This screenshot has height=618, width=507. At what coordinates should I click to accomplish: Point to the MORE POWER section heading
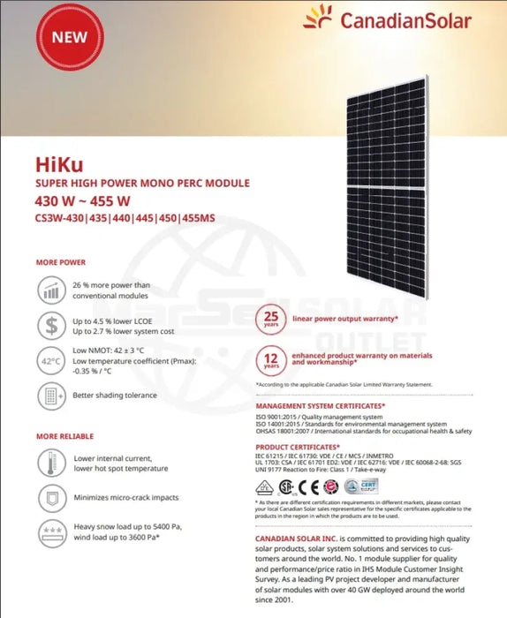pyautogui.click(x=61, y=262)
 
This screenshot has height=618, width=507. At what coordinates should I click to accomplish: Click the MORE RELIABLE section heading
pyautogui.click(x=65, y=436)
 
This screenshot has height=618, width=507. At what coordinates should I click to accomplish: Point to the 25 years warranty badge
pyautogui.click(x=272, y=319)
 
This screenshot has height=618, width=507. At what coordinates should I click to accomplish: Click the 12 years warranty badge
pyautogui.click(x=272, y=358)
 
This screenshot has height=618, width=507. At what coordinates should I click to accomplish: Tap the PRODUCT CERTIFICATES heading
pyautogui.click(x=296, y=447)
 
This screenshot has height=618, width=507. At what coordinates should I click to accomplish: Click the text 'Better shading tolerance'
pyautogui.click(x=115, y=396)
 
